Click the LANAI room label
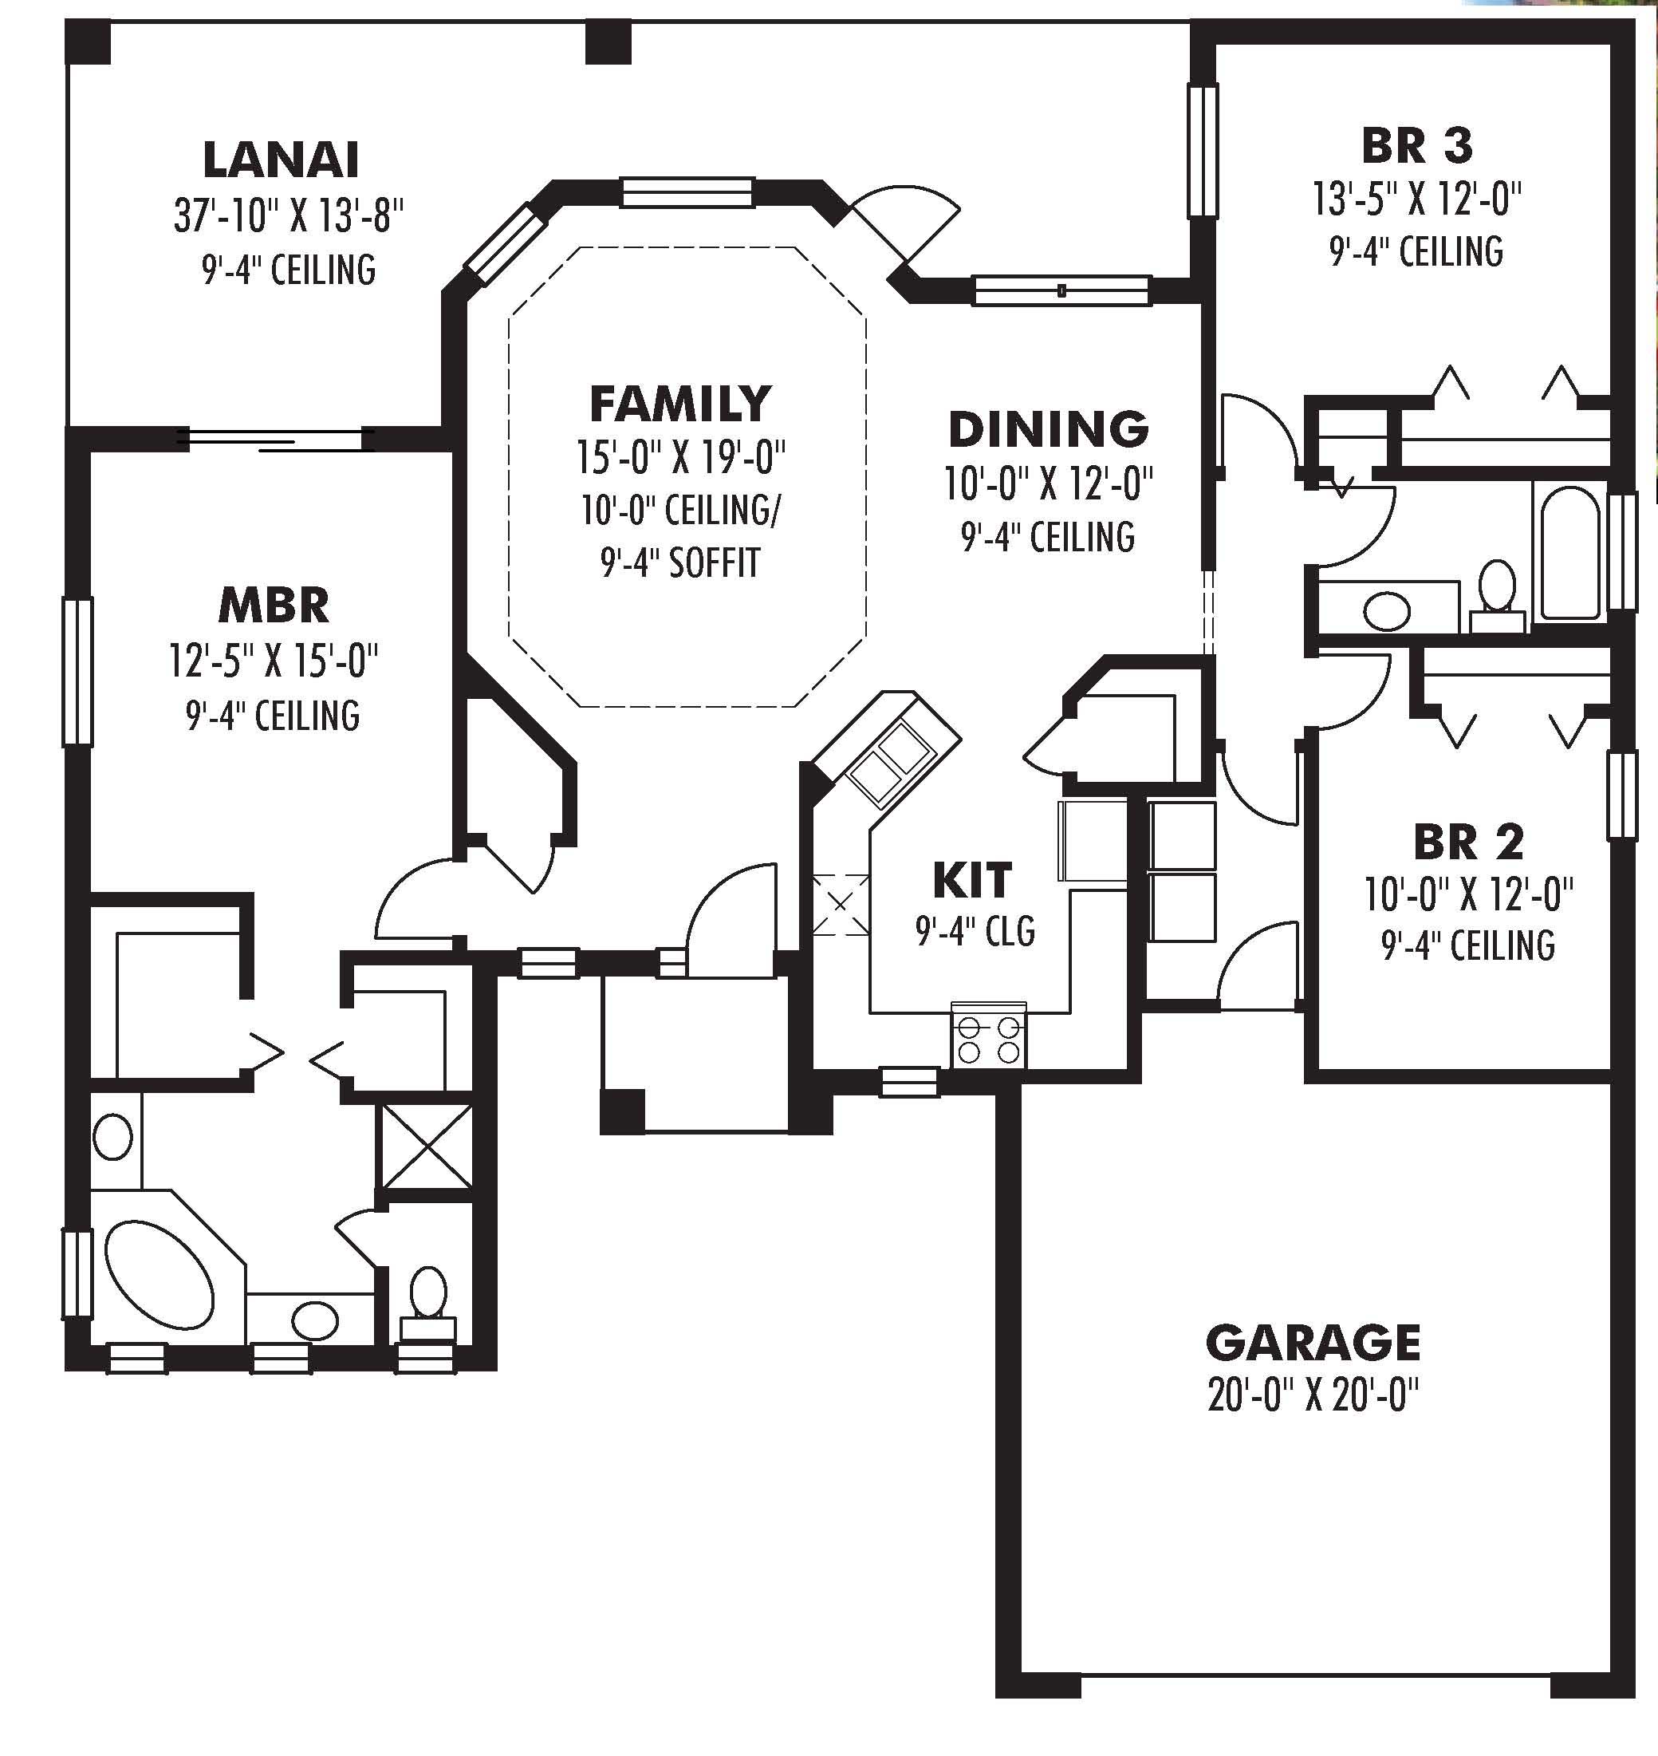tap(281, 160)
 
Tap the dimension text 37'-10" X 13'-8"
tap(288, 215)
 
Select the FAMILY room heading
tap(679, 404)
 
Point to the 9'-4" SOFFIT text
tap(679, 562)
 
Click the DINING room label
tap(1048, 430)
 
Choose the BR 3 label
tap(1416, 146)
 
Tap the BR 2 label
tap(1468, 842)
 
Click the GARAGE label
tap(1313, 1342)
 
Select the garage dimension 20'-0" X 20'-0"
tap(1313, 1396)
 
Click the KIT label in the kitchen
tap(972, 881)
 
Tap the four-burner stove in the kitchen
tap(989, 1039)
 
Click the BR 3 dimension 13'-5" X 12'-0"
tap(1416, 199)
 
